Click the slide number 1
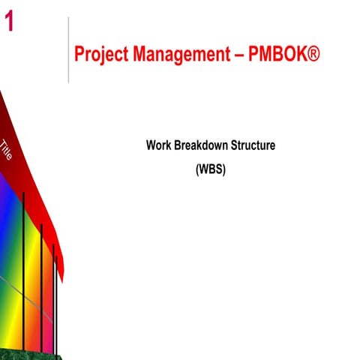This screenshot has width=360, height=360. [9, 22]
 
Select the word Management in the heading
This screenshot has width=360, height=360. [178, 55]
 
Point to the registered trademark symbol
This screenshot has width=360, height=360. [310, 54]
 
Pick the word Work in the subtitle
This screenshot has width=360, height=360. [158, 145]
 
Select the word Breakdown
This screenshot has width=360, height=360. [201, 145]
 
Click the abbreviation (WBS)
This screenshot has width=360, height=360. [210, 169]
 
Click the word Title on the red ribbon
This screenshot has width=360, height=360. [7, 150]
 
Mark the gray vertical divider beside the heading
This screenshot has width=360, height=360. [68, 49]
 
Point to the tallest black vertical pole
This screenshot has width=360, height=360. [24, 270]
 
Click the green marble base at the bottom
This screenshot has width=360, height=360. [30, 354]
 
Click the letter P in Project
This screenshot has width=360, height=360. [79, 54]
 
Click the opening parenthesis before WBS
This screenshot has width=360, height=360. [197, 169]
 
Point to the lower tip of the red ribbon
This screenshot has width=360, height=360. [61, 280]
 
